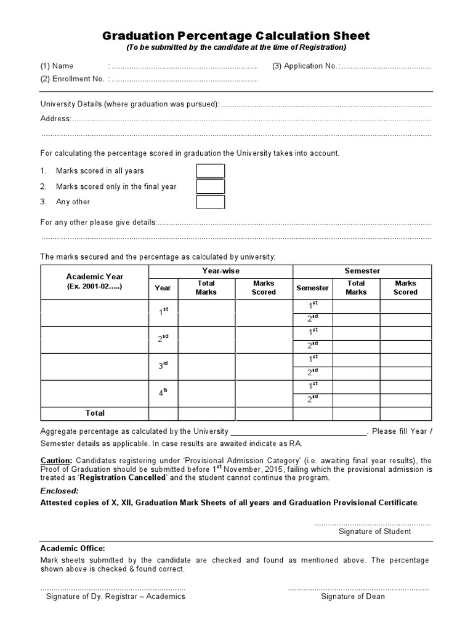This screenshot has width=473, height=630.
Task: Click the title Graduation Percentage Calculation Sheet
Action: coord(236,36)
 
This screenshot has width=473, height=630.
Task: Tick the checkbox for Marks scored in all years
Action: coord(210,171)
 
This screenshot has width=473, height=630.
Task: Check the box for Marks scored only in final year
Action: coord(210,186)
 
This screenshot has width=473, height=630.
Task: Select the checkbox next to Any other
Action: coord(210,202)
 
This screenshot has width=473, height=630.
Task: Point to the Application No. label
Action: coord(304,66)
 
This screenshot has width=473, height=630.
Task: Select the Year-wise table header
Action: coord(220,271)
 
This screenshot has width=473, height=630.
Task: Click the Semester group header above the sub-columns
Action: coord(362,271)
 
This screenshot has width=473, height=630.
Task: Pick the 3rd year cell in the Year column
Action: coord(163,366)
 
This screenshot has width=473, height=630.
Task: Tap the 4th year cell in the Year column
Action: coord(163,393)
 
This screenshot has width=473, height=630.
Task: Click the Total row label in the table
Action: coord(95,413)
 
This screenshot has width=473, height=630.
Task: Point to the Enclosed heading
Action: coord(59,491)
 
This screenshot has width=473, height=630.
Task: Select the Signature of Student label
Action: coord(374,532)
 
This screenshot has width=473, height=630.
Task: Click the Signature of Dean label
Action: coord(353,596)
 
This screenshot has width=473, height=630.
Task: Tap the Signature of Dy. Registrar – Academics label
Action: coord(116,596)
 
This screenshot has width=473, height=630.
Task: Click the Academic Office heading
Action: coord(73,548)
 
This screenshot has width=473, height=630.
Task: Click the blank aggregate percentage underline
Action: coord(298,433)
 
